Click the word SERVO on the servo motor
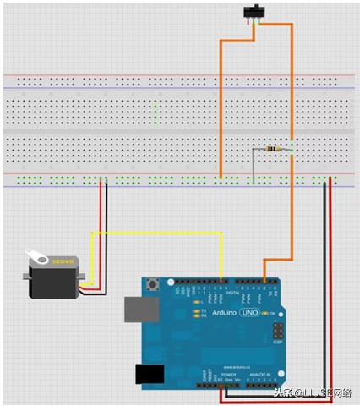pyautogui.click(x=53, y=262)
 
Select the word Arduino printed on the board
pyautogui.click(x=219, y=313)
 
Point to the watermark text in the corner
pyautogui.click(x=313, y=392)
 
